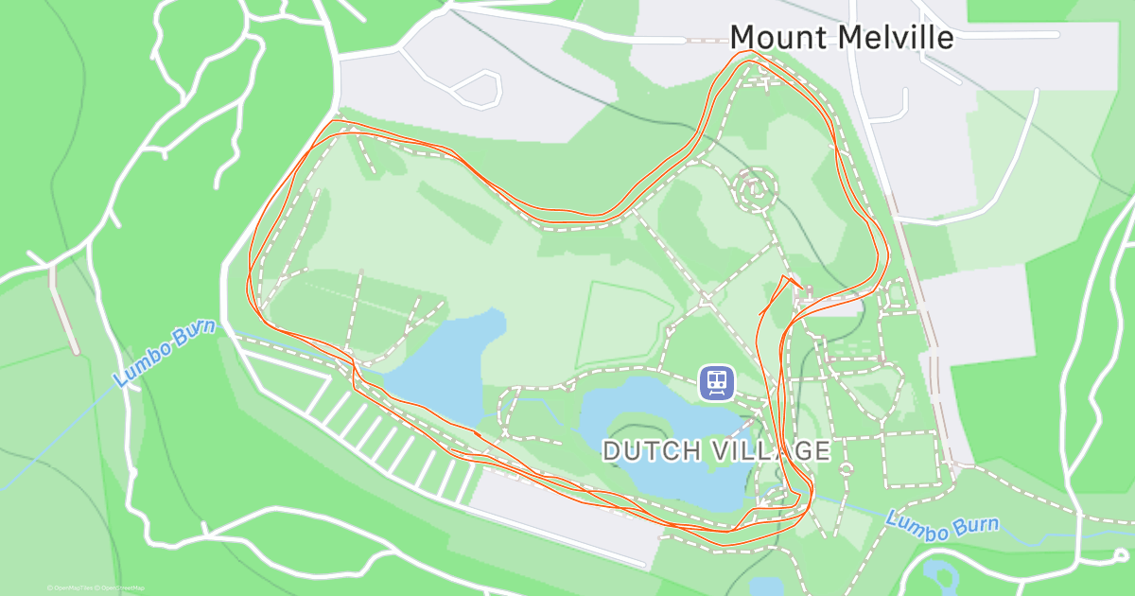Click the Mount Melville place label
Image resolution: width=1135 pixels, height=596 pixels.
pyautogui.click(x=842, y=37)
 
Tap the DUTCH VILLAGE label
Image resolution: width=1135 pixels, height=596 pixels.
pyautogui.click(x=716, y=450)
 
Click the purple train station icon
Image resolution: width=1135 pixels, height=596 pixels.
pyautogui.click(x=716, y=382)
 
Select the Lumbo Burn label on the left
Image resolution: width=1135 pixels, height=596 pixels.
pyautogui.click(x=165, y=352)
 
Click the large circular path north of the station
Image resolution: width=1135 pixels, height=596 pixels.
pyautogui.click(x=755, y=189)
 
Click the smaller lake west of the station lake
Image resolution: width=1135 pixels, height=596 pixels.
pyautogui.click(x=445, y=364)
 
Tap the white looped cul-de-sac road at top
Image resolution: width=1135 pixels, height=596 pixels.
pyautogui.click(x=478, y=89)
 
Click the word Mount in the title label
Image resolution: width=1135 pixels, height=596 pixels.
pyautogui.click(x=780, y=37)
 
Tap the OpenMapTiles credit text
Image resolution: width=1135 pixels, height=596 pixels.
pyautogui.click(x=72, y=587)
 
